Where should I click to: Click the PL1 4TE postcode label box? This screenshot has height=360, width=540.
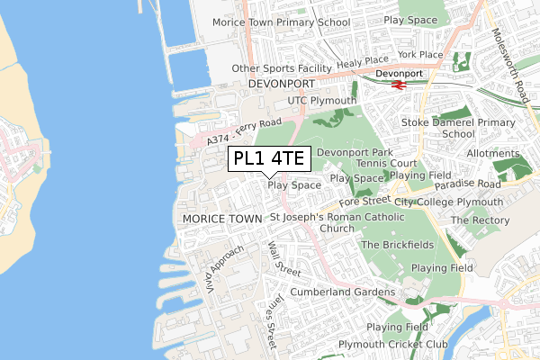click(x=269, y=159)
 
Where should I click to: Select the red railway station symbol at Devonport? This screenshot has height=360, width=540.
click(x=397, y=85)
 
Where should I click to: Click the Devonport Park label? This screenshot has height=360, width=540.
click(x=354, y=153)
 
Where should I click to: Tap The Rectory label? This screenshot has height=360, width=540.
click(x=480, y=220)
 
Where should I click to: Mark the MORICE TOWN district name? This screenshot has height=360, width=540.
click(x=220, y=219)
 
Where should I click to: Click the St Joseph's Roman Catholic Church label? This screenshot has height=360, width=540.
click(x=337, y=222)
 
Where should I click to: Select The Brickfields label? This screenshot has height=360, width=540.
click(x=397, y=245)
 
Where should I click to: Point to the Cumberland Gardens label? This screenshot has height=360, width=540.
click(x=342, y=292)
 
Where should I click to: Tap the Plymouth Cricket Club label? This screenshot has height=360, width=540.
click(x=393, y=345)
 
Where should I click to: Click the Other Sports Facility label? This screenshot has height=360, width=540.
click(x=281, y=68)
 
